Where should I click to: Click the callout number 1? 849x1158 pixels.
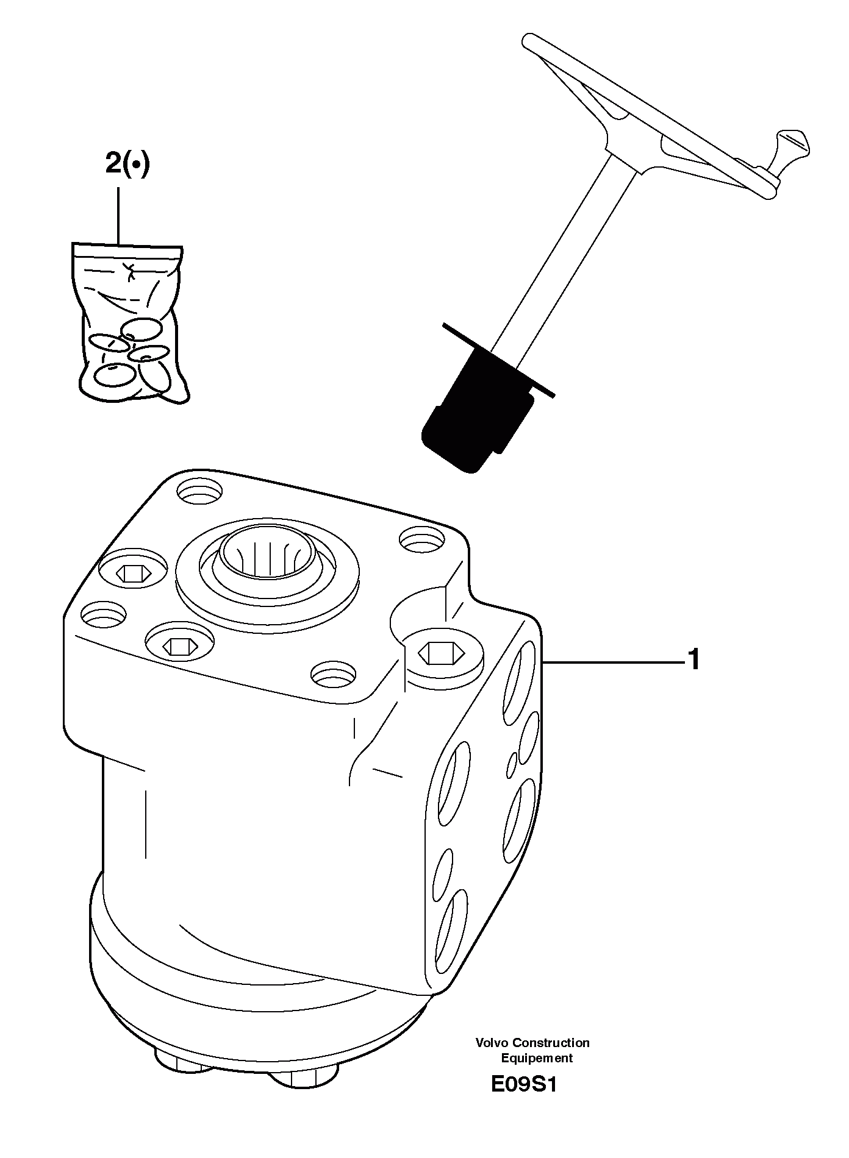pos(693,660)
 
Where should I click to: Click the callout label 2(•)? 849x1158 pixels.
pos(127,164)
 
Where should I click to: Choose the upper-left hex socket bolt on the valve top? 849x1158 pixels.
pos(133,573)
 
